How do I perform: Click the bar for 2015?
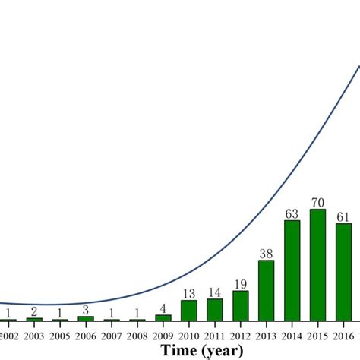pos(317,265)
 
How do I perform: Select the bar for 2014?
pos(292,270)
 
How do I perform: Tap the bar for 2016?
pos(343,272)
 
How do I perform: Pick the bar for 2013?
pos(266,290)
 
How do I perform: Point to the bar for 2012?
pos(240,305)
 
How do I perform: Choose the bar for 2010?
pos(188,310)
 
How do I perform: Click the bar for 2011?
pos(214,309)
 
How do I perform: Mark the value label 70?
pos(317,203)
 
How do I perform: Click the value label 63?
pos(292,213)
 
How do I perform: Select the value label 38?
pos(266,254)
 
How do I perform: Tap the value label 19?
pos(240,284)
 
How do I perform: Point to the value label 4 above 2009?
pos(163,308)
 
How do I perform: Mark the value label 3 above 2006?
pos(85,310)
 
